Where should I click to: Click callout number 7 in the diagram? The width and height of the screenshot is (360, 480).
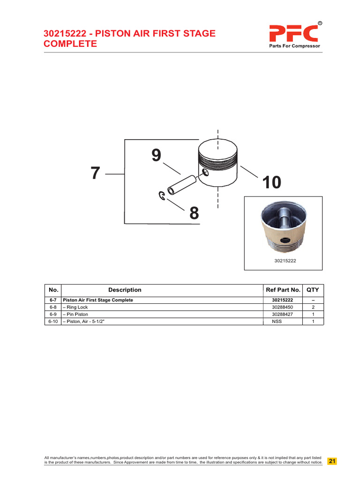pos(96,173)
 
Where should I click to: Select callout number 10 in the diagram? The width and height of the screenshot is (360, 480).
pos(272,182)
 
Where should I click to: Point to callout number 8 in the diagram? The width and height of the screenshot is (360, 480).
pos(194,214)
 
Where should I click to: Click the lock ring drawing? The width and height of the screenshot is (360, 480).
pos(161,196)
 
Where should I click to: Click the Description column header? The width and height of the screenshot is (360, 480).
pos(125,290)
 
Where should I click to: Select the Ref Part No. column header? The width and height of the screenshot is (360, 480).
pos(283,290)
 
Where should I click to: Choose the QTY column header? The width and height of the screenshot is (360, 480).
pos(313,290)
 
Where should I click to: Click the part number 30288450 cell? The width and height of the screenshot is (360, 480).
pos(283,307)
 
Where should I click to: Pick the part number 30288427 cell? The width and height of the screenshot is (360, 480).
pos(283,314)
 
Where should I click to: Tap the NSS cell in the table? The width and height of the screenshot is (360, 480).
pos(283,322)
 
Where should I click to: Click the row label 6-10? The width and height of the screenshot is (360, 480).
pos(52,322)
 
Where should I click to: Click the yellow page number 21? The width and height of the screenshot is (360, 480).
pos(332,461)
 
